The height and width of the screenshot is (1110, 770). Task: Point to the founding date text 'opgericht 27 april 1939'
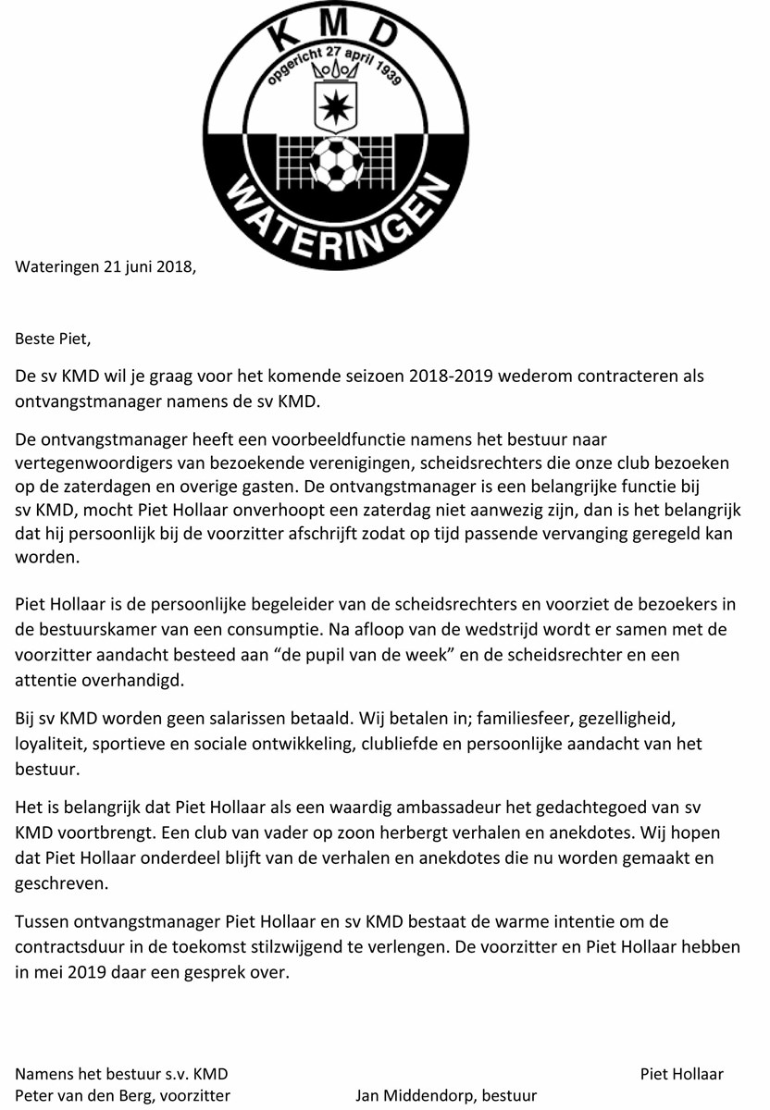tap(334, 63)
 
